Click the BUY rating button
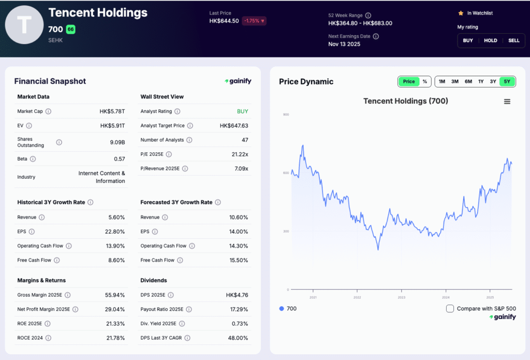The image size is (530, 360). coord(468,40)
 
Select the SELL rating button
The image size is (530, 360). coord(513,40)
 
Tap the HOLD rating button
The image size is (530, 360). coord(491,40)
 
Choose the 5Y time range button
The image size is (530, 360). coord(507,81)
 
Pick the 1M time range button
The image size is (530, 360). coord(441,81)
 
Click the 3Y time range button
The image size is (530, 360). coord(493,81)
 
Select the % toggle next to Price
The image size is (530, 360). coord(424,81)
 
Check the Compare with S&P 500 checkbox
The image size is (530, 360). coord(450,309)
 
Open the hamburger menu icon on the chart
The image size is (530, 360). coord(507,102)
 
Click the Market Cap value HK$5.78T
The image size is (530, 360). coord(112,111)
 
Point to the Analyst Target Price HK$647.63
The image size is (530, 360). coord(233,126)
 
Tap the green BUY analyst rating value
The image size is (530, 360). coord(242,111)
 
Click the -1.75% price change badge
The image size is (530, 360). coord(254,21)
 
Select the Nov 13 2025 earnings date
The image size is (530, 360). coord(344,44)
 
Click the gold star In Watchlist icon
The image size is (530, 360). coord(461,13)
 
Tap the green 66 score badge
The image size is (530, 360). coord(70,30)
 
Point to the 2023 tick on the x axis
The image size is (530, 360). coord(401,297)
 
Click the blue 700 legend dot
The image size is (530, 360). coord(282,309)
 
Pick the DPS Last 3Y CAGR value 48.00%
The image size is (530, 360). coord(238,338)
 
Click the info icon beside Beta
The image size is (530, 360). coord(33,159)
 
